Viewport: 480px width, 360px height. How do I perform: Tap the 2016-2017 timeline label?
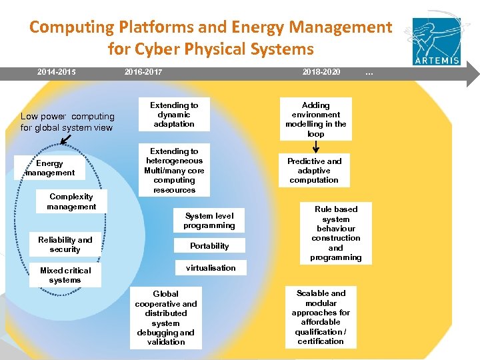(143, 71)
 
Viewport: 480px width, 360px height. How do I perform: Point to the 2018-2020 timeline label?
(321, 71)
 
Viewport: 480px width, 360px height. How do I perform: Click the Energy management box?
(50, 168)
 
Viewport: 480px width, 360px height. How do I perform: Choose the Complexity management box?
(71, 201)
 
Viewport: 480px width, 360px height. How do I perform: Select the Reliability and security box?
(65, 245)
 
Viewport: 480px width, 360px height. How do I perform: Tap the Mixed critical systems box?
(65, 275)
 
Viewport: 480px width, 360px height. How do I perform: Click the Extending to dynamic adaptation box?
(174, 115)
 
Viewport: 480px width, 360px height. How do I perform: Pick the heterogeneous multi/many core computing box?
(174, 171)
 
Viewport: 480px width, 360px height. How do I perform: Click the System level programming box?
(209, 221)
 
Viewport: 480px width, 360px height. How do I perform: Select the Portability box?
(209, 246)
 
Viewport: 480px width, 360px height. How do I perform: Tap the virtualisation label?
(211, 268)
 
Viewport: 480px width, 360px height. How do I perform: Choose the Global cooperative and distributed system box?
(166, 318)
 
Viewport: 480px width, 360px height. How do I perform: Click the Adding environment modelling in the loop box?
(316, 120)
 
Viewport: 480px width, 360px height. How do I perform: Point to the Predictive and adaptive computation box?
(314, 171)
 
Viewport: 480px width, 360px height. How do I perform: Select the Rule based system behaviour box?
(336, 233)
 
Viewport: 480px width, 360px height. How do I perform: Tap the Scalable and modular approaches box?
(321, 317)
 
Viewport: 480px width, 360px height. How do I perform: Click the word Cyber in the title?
(157, 49)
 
